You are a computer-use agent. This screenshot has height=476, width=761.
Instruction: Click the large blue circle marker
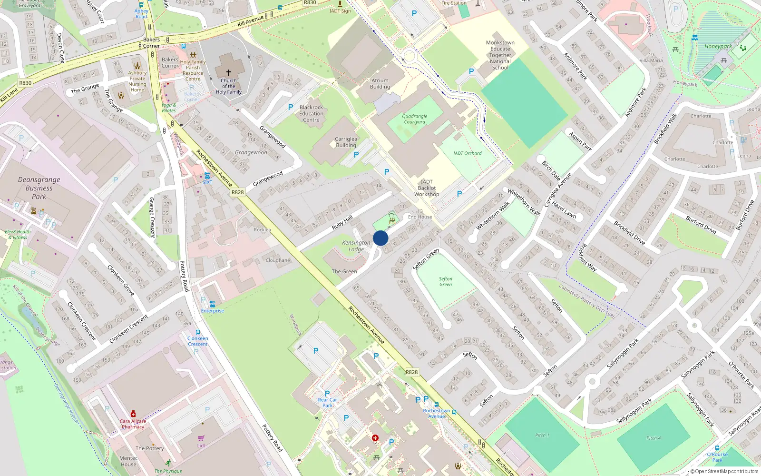pyautogui.click(x=380, y=238)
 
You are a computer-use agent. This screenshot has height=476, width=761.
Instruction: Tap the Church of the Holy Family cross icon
pyautogui.click(x=229, y=73)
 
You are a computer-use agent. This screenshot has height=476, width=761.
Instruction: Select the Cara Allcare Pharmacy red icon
pyautogui.click(x=133, y=414)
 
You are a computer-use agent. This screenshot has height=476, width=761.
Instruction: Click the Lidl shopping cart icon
pyautogui.click(x=201, y=438)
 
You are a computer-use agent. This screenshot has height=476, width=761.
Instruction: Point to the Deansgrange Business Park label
pyautogui.click(x=39, y=188)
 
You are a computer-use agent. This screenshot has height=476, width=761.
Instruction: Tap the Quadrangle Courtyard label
pyautogui.click(x=415, y=119)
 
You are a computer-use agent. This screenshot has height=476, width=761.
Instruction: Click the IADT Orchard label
pyautogui.click(x=467, y=153)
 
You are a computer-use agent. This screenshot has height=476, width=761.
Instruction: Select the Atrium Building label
pyautogui.click(x=380, y=84)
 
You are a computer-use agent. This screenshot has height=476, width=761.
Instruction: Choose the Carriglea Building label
pyautogui.click(x=346, y=142)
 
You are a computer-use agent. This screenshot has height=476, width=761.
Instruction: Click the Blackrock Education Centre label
pyautogui.click(x=312, y=114)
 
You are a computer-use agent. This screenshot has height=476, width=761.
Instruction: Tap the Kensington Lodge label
pyautogui.click(x=356, y=246)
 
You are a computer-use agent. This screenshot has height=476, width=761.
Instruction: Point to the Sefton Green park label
pyautogui.click(x=446, y=282)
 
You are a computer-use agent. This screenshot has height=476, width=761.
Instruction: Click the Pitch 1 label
pyautogui.click(x=542, y=435)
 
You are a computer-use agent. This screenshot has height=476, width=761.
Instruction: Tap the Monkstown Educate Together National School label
pyautogui.click(x=500, y=55)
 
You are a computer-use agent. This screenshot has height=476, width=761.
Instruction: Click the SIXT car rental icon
pyautogui.click(x=207, y=176)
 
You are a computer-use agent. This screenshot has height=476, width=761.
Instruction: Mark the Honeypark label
pyautogui.click(x=718, y=47)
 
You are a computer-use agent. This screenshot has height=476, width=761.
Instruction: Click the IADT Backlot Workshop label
pyautogui.click(x=427, y=188)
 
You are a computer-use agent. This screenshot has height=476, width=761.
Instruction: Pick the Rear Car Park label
pyautogui.click(x=327, y=403)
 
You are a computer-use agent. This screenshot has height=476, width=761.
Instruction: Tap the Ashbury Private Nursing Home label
pyautogui.click(x=137, y=81)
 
